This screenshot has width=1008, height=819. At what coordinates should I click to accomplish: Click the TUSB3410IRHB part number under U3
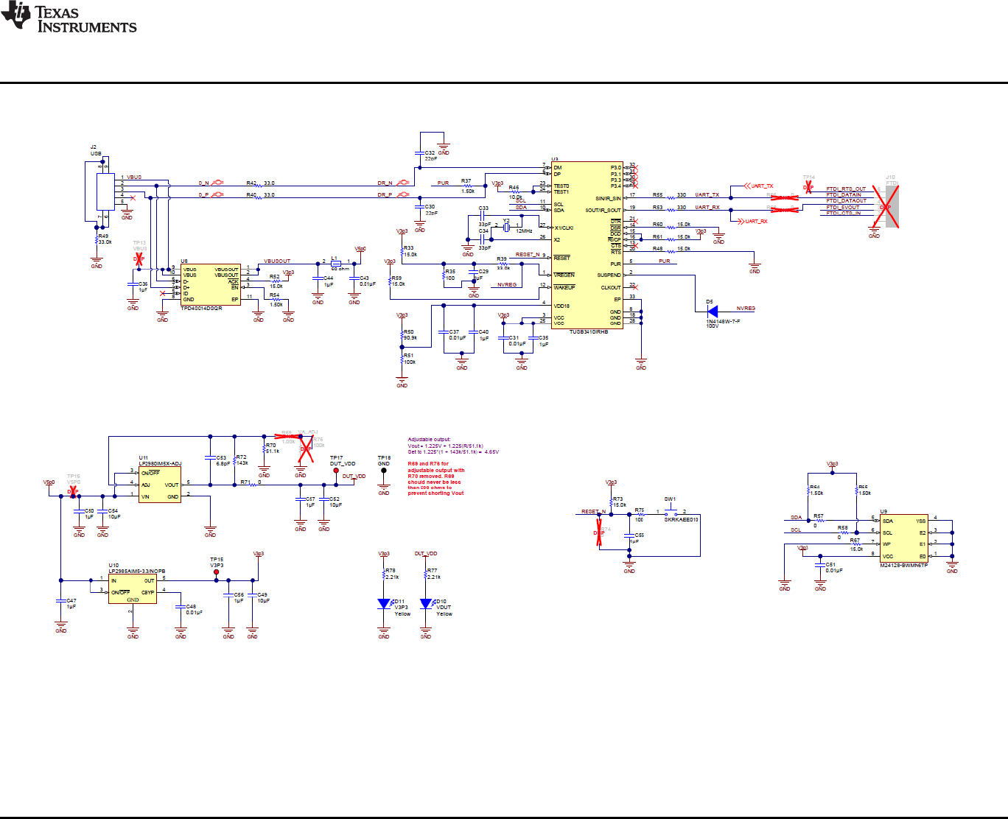tap(588, 332)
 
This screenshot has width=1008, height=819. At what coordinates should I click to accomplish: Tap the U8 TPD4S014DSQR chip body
tap(210, 284)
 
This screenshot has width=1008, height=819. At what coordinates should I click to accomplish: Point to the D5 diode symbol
tap(712, 312)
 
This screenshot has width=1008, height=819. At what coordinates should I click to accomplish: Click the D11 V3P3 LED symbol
tap(384, 604)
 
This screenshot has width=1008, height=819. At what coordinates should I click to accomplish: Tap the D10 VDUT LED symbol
tap(426, 604)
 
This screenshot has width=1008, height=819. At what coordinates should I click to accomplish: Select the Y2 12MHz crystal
tap(507, 228)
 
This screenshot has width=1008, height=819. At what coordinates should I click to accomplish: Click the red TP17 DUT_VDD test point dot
tap(336, 471)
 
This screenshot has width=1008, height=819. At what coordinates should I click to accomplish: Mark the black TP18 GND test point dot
tap(384, 471)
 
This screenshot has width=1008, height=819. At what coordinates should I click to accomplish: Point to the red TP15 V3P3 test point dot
tap(216, 572)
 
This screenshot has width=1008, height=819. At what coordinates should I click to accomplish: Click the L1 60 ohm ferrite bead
tap(336, 262)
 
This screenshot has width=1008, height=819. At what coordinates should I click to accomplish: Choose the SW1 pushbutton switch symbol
tap(671, 510)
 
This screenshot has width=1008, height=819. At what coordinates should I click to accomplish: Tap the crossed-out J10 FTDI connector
tap(887, 207)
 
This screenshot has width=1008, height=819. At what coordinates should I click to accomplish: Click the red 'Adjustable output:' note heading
tap(429, 440)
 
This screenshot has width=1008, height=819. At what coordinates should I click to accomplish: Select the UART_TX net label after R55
tap(707, 195)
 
